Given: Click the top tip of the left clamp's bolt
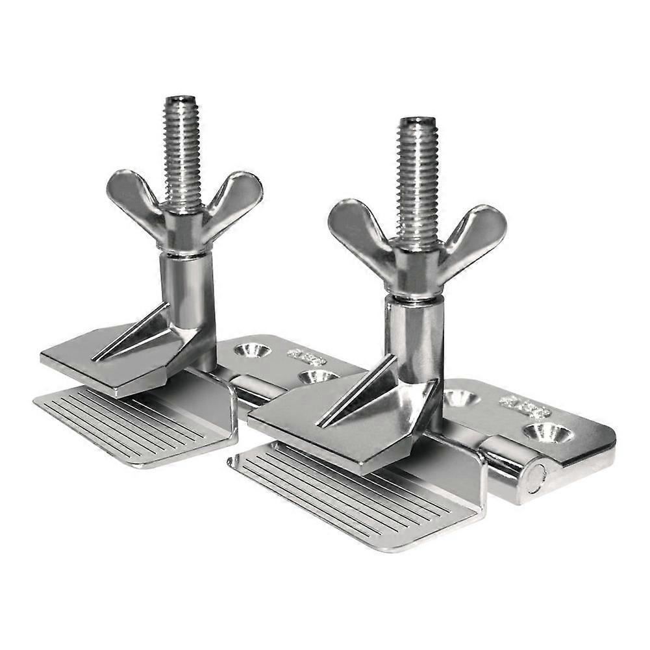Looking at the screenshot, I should [x=181, y=100].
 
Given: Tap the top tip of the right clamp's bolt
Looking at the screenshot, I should [x=418, y=121].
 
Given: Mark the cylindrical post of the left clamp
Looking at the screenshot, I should [x=188, y=286].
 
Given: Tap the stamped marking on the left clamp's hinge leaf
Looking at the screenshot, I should [x=306, y=356].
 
